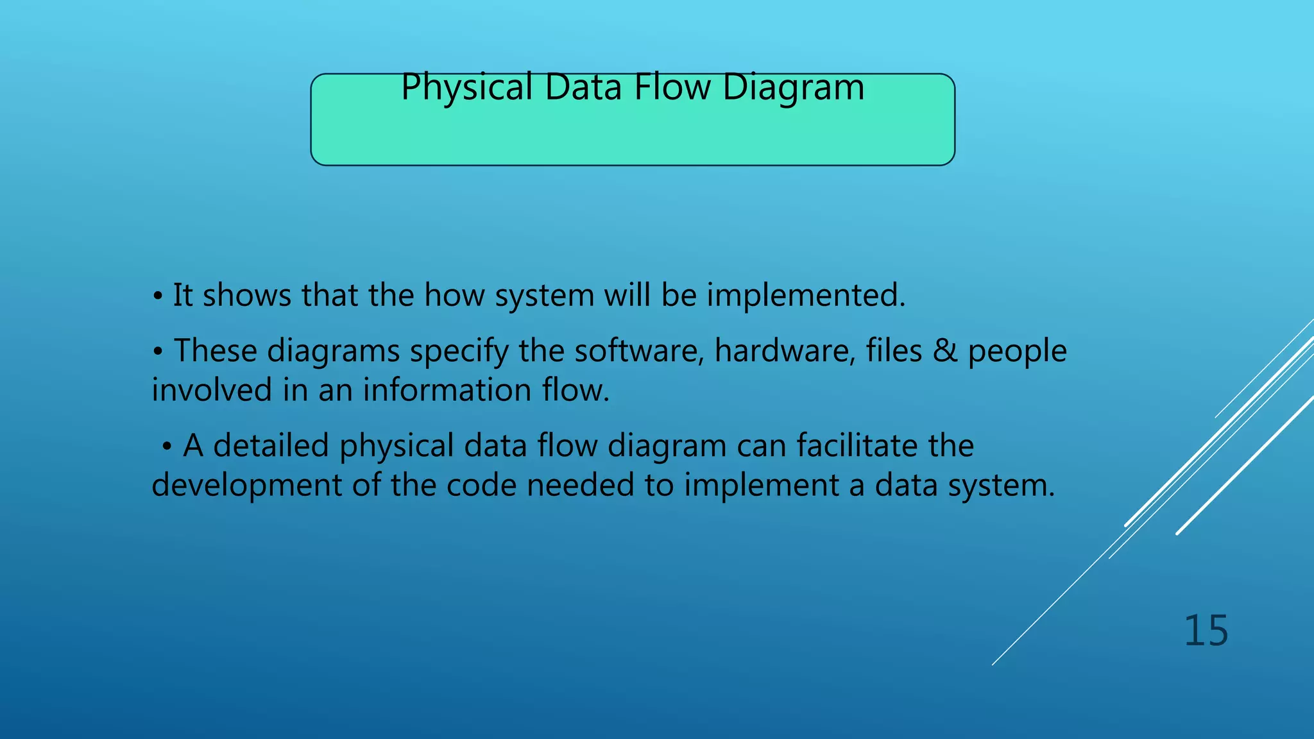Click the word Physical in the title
click(466, 88)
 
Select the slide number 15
click(1206, 631)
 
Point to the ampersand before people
click(944, 351)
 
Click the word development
click(246, 486)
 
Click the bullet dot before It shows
click(157, 297)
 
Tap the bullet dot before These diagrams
click(157, 352)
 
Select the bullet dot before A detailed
click(167, 447)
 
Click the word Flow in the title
click(672, 88)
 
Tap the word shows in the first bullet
click(247, 296)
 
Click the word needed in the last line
click(580, 486)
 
